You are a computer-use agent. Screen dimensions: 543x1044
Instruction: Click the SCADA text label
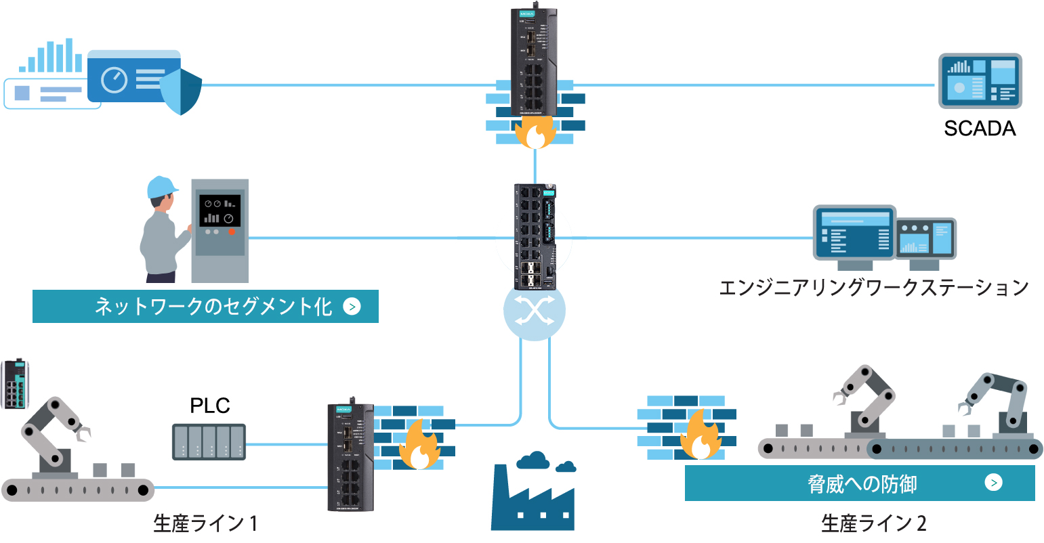pos(980,129)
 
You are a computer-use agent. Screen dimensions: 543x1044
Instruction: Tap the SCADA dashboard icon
pos(980,81)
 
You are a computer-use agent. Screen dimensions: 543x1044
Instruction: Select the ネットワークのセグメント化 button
pos(205,307)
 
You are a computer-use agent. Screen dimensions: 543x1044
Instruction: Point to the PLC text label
pos(209,406)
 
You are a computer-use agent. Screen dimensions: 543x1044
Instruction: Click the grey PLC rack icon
pos(209,441)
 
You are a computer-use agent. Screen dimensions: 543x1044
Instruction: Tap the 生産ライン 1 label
pos(205,523)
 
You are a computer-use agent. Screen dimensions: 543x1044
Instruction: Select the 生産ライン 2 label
pos(873,523)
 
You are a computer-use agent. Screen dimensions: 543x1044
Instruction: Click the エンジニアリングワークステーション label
pos(873,288)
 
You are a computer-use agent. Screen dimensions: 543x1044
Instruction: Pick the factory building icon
pos(533,498)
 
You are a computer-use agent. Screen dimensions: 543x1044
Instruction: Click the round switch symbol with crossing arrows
pos(534,311)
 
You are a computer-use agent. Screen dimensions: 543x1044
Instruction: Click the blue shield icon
pos(182,91)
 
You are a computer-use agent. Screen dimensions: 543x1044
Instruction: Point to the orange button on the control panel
pos(232,232)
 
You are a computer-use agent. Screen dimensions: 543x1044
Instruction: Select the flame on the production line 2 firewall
pos(700,436)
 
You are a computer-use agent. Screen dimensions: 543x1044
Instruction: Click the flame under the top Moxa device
pos(535,132)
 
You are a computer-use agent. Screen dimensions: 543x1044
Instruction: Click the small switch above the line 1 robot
pos(15,385)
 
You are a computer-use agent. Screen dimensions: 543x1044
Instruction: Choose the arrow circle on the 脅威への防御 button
pos(993,483)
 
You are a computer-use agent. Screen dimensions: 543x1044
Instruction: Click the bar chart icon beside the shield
pos(51,56)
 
